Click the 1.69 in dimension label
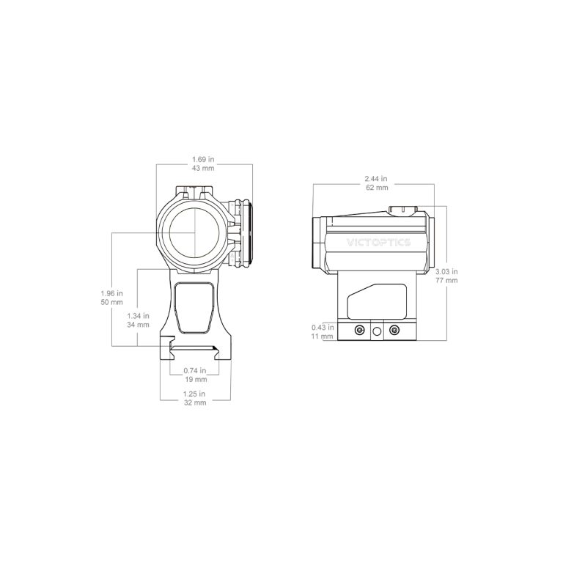[203, 159]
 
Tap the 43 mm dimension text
[203, 168]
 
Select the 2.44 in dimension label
[376, 178]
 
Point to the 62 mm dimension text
[377, 188]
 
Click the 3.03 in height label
[446, 271]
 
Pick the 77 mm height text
[446, 281]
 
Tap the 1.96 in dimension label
[111, 293]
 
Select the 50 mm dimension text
[111, 302]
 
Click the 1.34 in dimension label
[138, 316]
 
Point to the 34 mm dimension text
[138, 325]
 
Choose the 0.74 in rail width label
[194, 370]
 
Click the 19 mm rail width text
[195, 379]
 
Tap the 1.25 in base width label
[194, 394]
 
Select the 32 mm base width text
[195, 403]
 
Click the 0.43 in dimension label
[323, 328]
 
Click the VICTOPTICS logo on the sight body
[378, 243]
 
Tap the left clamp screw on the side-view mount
[359, 330]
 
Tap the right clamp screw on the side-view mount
[394, 330]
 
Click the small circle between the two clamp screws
[377, 331]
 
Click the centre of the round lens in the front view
[194, 232]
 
